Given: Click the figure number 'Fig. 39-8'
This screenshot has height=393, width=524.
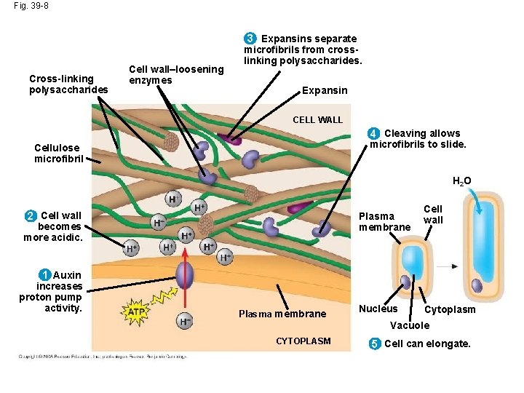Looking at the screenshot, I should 31,6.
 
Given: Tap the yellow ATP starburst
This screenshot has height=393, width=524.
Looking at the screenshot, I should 136,312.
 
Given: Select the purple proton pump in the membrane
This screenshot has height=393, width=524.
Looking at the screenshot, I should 185,276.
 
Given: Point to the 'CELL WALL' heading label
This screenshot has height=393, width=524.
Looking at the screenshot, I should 317,119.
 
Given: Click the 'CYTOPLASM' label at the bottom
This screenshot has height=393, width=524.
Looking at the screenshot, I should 303,341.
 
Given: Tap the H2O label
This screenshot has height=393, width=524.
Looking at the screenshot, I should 461,181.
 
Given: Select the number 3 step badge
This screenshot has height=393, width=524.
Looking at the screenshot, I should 250,38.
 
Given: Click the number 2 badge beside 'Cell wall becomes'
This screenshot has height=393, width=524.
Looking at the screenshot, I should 31,215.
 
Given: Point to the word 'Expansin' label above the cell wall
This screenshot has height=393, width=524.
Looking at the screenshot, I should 325,91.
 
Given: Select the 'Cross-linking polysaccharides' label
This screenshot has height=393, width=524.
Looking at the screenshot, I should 68,84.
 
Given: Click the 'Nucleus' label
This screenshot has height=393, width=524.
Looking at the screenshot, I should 378,309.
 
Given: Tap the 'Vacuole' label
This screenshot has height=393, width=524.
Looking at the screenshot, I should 410,325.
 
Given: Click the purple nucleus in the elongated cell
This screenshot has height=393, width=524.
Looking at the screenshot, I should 477,285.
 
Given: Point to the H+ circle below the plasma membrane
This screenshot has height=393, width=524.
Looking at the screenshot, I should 185,321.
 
